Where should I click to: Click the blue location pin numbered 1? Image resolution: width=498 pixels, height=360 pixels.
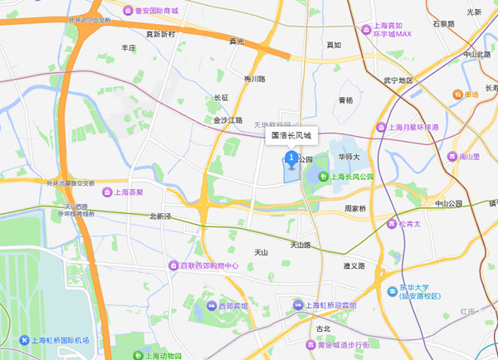click(x=291, y=158)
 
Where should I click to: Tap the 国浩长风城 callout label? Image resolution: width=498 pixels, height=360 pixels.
click(x=290, y=134)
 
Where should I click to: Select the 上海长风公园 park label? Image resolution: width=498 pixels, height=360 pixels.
click(x=347, y=177)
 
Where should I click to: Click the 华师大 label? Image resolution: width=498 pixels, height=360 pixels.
click(x=349, y=156)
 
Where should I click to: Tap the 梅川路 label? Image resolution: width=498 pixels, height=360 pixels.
click(x=255, y=79)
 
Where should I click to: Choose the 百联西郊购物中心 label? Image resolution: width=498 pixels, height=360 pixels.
click(x=203, y=266)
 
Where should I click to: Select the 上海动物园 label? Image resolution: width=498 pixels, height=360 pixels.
click(x=158, y=356)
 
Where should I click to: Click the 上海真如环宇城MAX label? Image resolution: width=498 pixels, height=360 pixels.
click(x=392, y=31)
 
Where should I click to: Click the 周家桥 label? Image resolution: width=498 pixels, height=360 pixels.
click(x=356, y=209)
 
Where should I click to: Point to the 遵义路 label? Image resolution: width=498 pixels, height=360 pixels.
click(x=354, y=266)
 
